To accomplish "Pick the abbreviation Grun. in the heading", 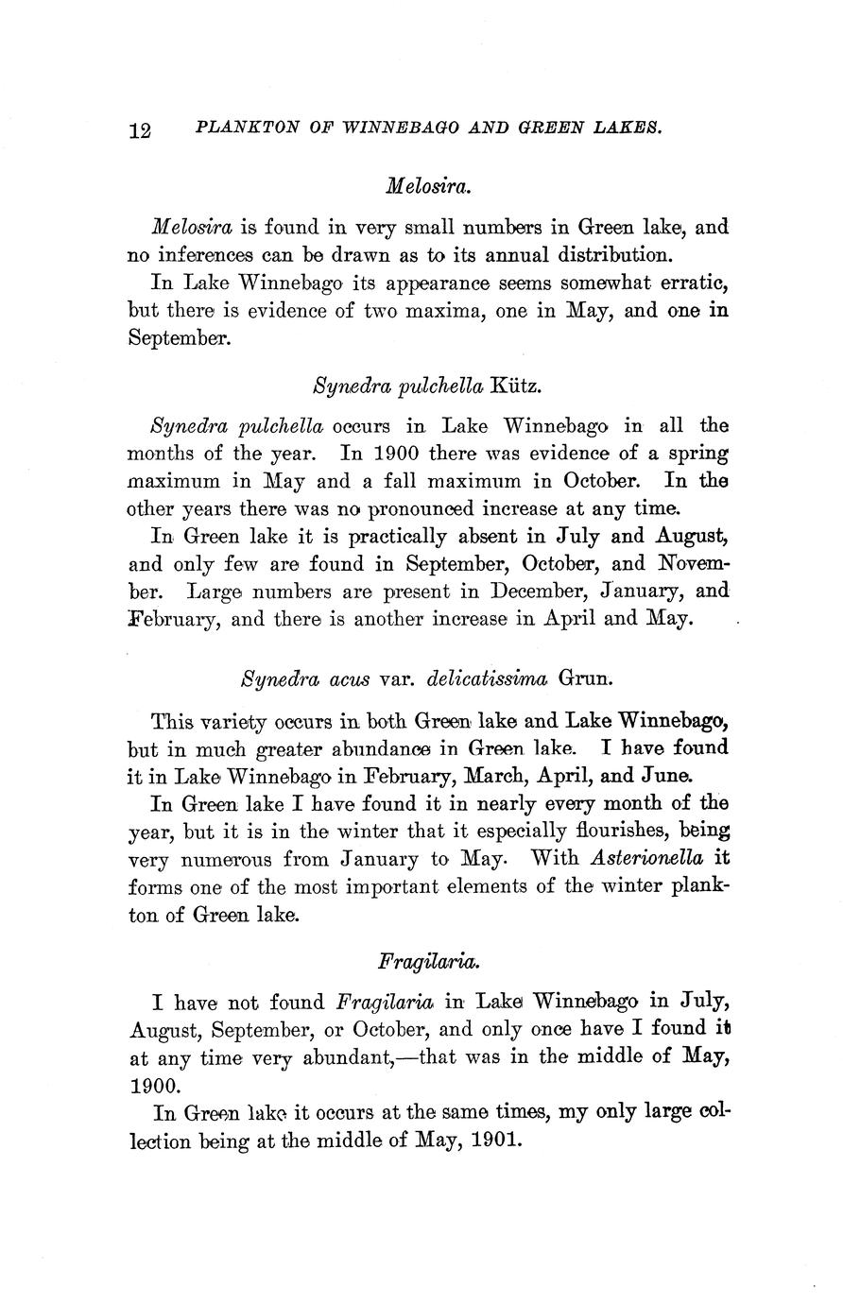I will pos(587,678).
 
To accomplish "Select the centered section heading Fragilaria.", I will pos(428,962).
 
